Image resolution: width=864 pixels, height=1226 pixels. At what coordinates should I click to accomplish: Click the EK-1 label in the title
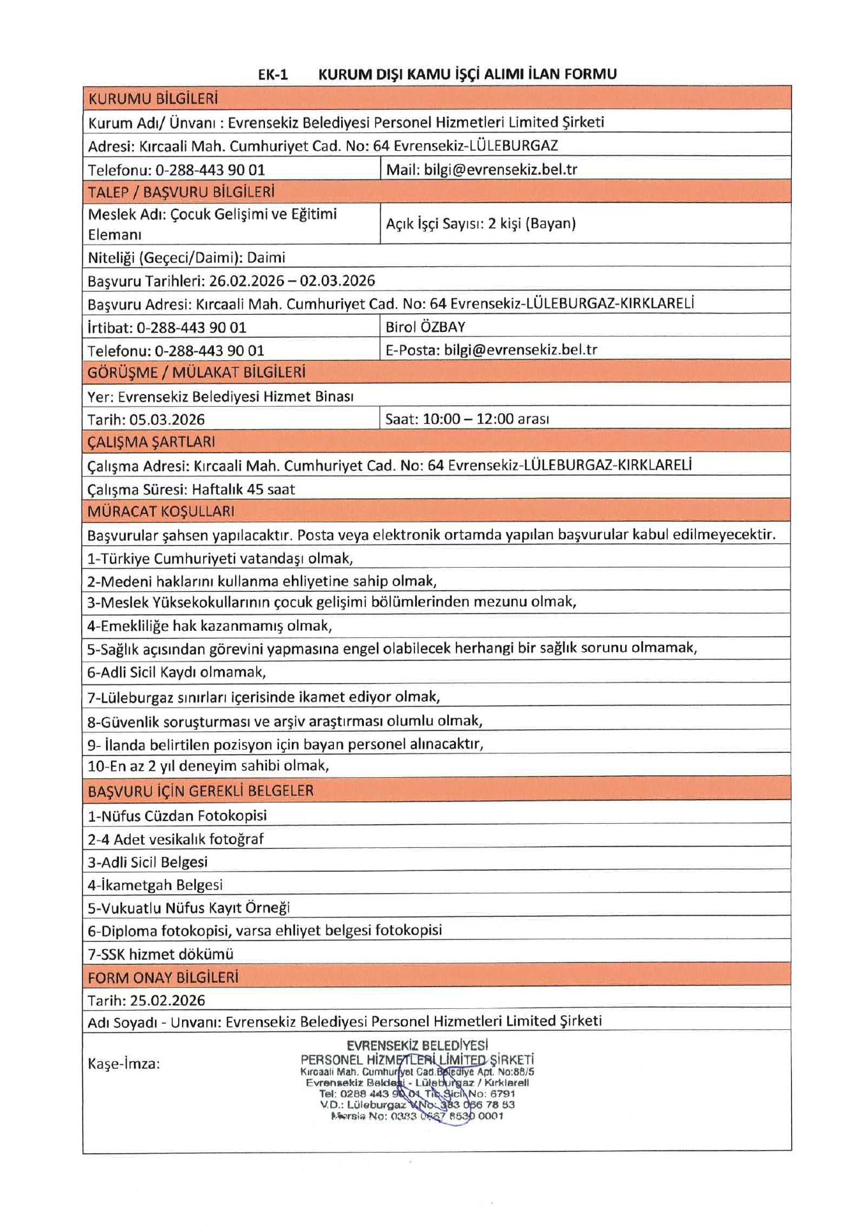273,75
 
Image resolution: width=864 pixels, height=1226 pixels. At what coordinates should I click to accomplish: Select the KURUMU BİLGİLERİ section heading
153,98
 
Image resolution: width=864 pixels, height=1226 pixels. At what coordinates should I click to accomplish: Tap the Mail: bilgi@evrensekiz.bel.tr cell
481,169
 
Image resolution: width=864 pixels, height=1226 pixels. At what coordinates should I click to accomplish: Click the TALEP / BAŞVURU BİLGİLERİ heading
181,192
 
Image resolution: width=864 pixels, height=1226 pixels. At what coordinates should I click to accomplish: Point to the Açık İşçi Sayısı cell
481,223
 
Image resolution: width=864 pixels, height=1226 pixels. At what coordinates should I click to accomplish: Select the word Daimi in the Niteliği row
266,258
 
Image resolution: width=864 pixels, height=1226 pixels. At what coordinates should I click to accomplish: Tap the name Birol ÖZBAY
425,327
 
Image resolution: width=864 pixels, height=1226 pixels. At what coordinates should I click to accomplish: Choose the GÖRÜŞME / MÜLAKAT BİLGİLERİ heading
197,372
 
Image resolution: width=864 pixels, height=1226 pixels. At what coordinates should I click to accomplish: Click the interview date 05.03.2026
167,420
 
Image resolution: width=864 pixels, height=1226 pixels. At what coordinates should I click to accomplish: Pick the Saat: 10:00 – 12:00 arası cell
467,419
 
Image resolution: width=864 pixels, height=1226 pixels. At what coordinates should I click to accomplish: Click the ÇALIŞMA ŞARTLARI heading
151,442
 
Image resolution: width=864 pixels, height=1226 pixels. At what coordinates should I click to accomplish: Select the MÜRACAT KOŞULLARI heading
161,511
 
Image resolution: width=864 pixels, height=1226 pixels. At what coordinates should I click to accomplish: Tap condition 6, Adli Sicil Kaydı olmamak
177,672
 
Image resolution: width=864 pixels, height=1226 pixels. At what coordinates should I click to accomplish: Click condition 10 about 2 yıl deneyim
208,766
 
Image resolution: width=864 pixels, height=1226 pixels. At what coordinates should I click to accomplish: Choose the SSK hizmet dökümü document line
161,954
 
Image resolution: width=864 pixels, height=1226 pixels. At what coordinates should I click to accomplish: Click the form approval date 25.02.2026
167,1001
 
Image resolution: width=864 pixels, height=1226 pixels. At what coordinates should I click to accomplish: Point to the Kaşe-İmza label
124,1064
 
